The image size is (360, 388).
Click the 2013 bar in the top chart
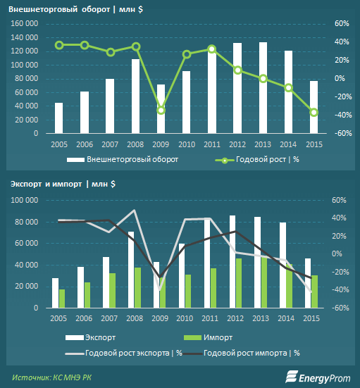(263, 87)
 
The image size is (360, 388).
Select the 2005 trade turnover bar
(58, 118)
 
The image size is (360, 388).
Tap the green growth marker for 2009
(161, 111)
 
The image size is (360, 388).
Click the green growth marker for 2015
(314, 113)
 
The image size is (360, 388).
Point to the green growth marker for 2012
(237, 70)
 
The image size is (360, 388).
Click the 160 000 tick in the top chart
(25, 23)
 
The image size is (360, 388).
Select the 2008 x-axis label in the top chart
(135, 144)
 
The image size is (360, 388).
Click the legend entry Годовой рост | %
(257, 160)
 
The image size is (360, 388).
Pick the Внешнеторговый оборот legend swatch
(75, 160)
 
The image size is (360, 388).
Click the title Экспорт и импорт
(46, 184)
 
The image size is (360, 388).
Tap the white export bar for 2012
(232, 261)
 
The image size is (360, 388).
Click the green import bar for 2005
(62, 299)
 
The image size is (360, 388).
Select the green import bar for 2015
(314, 292)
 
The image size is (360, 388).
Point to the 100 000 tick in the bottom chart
(25, 200)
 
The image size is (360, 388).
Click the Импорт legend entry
(209, 337)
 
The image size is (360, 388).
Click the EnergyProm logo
(318, 377)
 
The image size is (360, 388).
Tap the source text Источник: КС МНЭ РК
(52, 377)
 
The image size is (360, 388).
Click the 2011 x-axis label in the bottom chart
(210, 318)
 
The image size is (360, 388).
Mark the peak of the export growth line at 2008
(135, 210)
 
